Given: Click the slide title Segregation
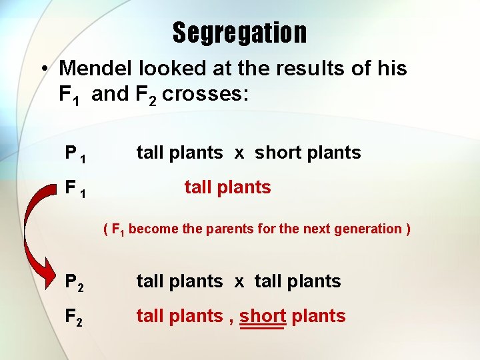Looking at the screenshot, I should click(240, 32).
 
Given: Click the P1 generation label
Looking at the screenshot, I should click(74, 153).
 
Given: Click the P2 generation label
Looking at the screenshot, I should click(74, 282).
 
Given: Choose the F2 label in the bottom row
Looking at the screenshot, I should click(74, 317).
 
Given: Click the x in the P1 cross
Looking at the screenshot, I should click(239, 153).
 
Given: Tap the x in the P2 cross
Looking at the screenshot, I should click(239, 281).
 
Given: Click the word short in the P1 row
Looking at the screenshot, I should click(279, 152).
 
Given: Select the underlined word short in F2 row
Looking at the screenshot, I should click(263, 315).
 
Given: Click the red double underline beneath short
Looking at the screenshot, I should click(263, 327).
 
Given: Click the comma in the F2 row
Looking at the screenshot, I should click(231, 320).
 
